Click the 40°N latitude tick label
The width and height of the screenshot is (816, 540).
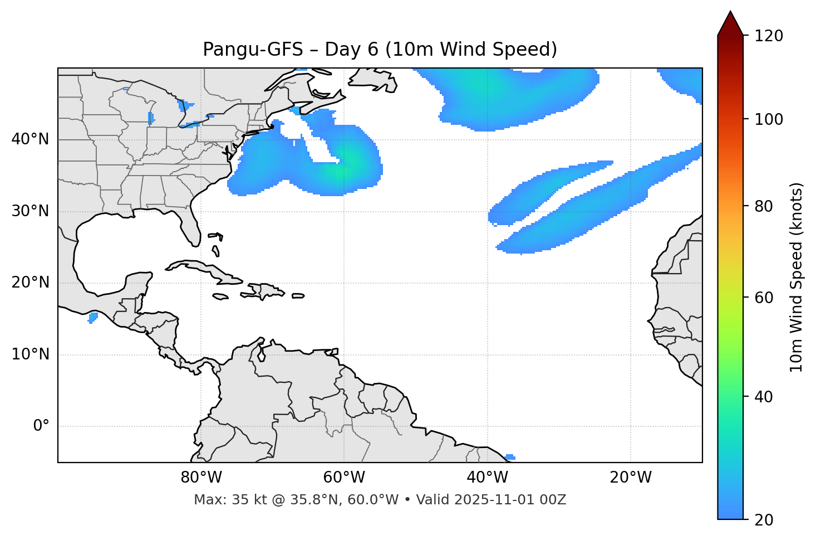30,139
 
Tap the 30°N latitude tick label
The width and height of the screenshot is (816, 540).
30,211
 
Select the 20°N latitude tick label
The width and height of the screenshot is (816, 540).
30,283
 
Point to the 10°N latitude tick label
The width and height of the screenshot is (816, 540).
30,354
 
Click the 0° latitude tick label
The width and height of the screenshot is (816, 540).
41,426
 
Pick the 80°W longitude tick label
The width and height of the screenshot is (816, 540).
201,478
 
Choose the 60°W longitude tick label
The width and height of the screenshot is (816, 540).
344,478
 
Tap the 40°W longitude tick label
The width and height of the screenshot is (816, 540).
487,478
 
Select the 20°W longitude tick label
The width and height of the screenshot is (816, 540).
630,478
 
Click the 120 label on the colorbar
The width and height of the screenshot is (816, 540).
769,36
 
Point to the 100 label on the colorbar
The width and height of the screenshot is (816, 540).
769,119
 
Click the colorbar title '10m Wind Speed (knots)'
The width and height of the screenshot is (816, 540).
797,277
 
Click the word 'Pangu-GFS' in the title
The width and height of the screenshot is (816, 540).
253,50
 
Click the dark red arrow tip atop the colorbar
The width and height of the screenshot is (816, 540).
730,22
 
